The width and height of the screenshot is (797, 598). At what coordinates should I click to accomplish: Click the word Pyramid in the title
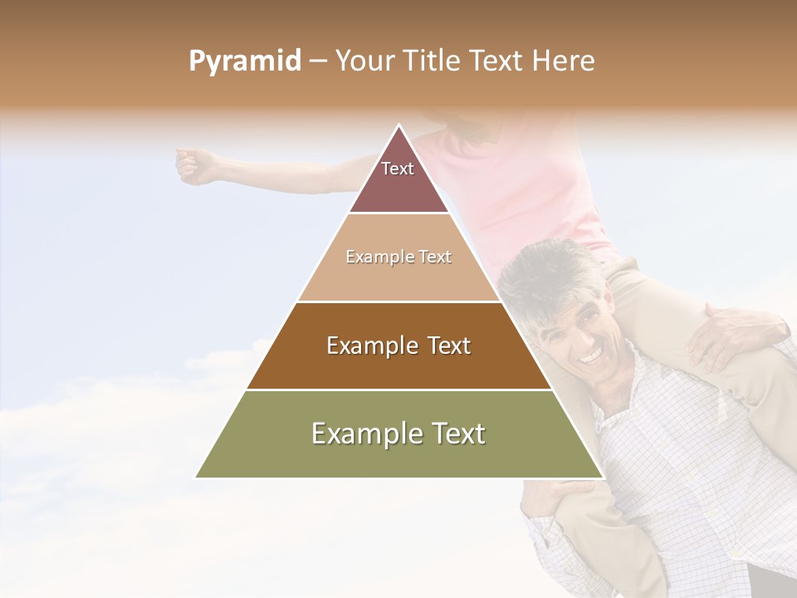(244, 62)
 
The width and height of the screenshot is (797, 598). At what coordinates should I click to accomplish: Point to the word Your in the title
(364, 61)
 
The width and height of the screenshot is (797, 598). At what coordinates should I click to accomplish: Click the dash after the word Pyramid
(318, 62)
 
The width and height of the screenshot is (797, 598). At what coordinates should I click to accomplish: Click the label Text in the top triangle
(397, 169)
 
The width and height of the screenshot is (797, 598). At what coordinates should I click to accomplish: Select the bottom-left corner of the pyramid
(196, 478)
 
